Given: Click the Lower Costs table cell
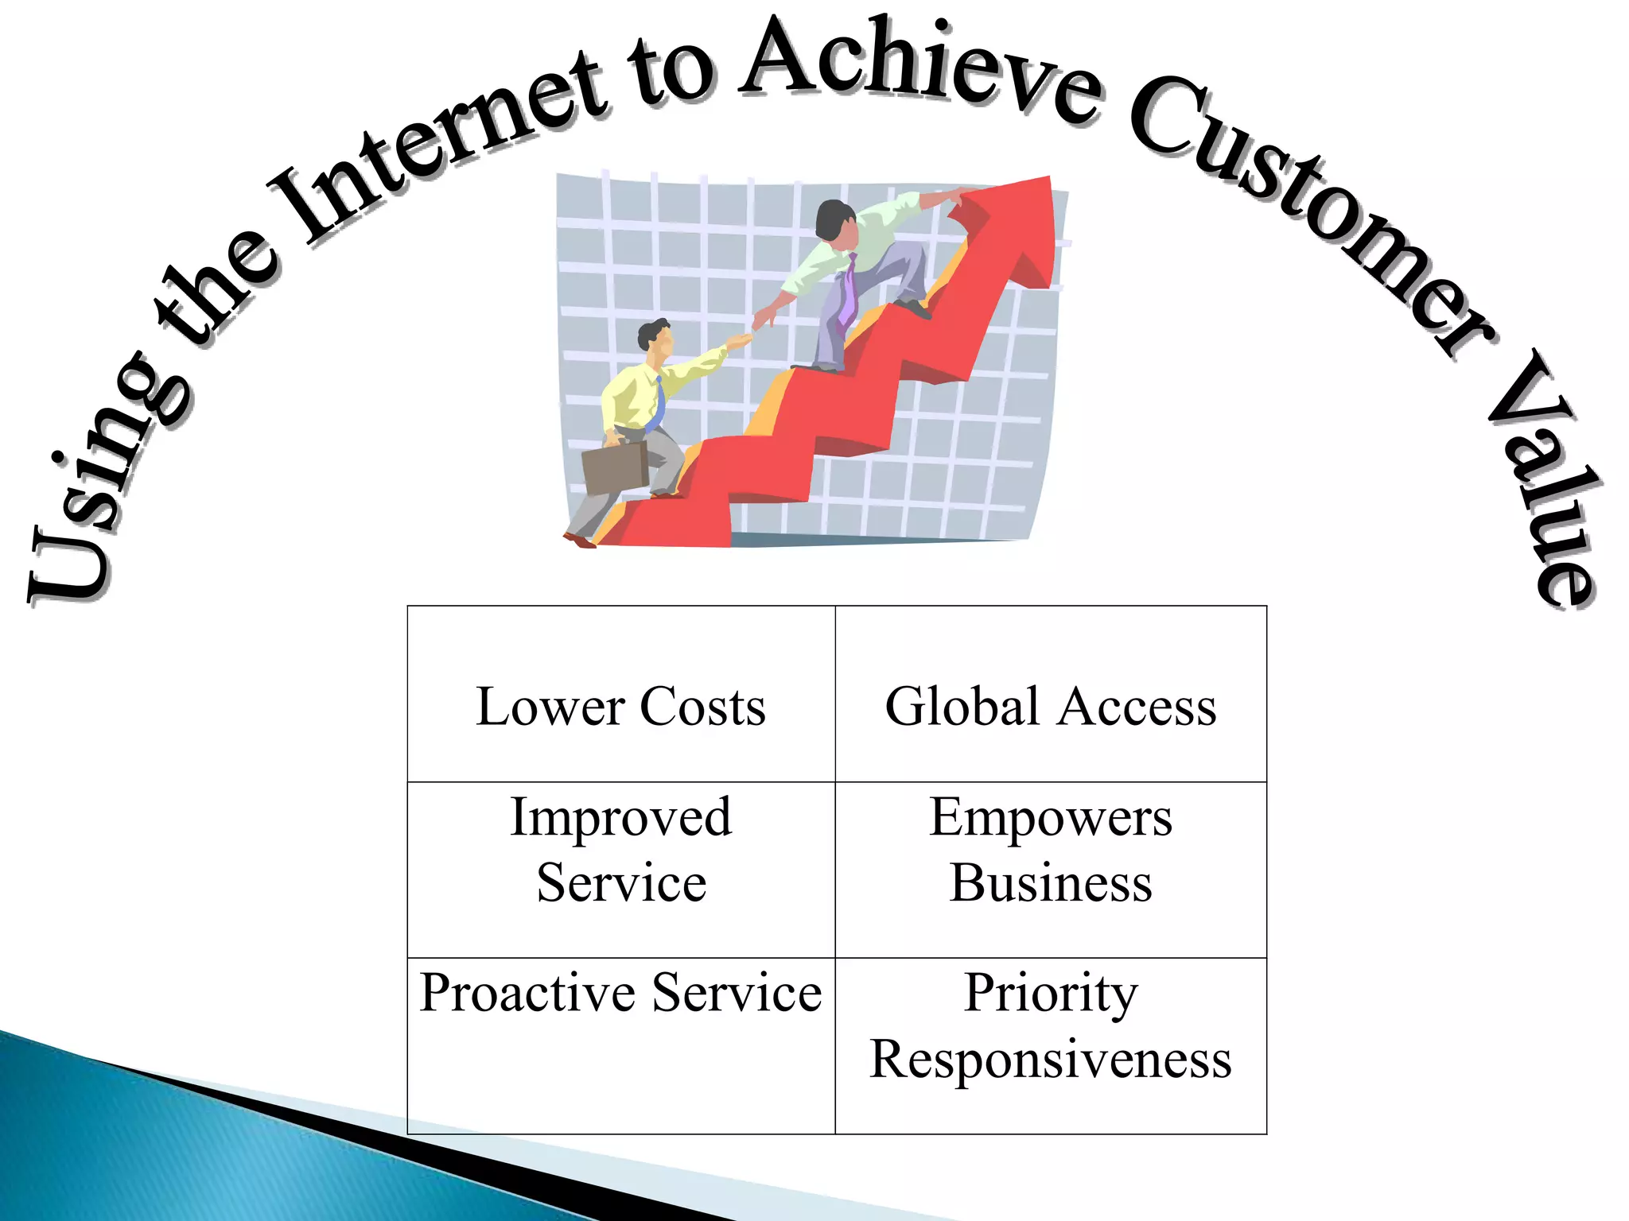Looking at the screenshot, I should pyautogui.click(x=620, y=706).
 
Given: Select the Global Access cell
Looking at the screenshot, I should pyautogui.click(x=1050, y=706).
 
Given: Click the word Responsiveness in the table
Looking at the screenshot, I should pyautogui.click(x=1050, y=1059).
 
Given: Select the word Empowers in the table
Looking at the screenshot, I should pyautogui.click(x=1050, y=817).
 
